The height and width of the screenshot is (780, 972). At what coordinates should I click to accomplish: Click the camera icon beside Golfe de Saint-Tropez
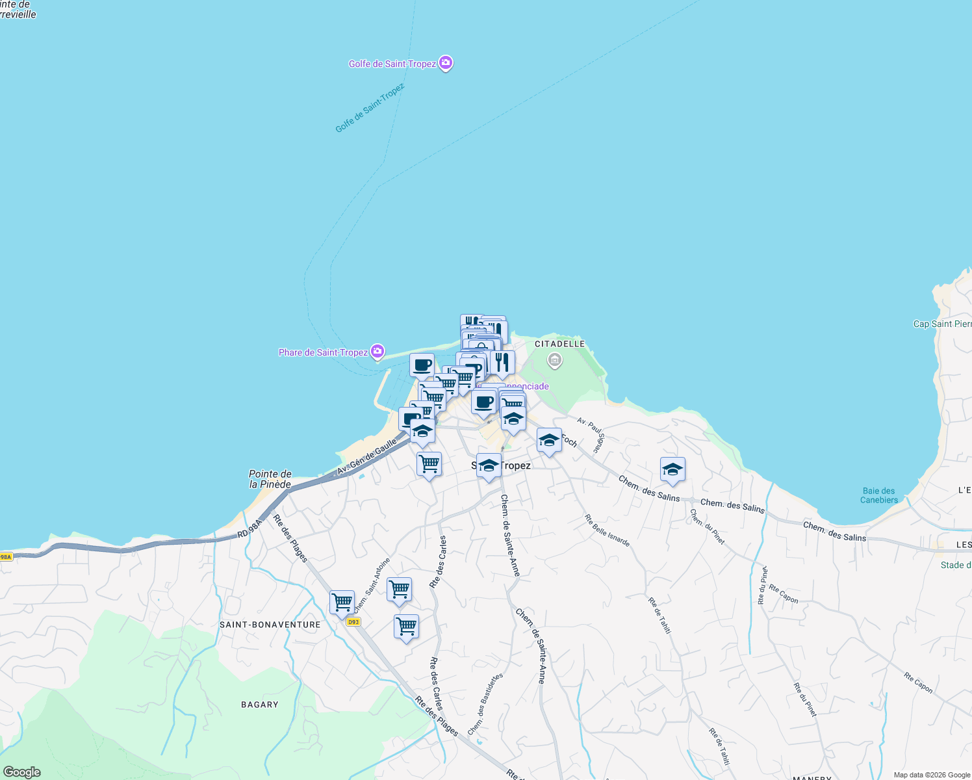[446, 63]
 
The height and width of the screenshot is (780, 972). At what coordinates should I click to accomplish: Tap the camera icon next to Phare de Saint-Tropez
[377, 352]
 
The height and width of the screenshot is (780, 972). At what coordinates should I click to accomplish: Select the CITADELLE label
[559, 344]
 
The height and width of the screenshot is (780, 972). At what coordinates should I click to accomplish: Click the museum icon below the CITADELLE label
[554, 359]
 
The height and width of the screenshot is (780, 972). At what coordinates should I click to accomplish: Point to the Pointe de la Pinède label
[270, 479]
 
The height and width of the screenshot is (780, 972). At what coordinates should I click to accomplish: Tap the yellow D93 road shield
[353, 622]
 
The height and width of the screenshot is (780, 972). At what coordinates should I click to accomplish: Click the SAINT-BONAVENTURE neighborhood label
[270, 625]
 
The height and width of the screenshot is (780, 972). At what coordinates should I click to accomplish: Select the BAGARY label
[260, 705]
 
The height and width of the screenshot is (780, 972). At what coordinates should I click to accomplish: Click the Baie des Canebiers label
[879, 495]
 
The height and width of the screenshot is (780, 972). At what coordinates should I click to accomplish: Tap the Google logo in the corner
[21, 772]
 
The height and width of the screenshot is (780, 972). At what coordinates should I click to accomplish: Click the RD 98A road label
[249, 528]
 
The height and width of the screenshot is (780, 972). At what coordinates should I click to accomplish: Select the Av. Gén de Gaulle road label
[366, 457]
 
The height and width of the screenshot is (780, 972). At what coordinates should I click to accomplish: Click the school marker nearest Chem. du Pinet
[672, 470]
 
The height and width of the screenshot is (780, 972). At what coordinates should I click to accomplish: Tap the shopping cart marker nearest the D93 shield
[342, 603]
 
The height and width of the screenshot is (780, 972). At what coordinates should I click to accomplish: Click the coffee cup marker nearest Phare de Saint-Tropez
[422, 366]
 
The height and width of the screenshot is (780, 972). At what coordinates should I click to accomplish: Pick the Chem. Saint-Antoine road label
[372, 585]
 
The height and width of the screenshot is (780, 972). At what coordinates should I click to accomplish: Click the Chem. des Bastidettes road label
[485, 705]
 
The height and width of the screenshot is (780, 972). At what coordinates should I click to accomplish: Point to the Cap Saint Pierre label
[942, 324]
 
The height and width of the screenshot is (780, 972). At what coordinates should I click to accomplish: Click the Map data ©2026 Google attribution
[932, 775]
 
